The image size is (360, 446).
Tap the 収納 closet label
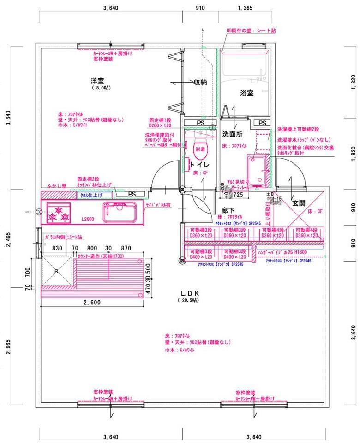coord(200,82)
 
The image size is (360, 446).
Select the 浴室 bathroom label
coord(246,93)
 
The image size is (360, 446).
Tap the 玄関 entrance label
coord(299,202)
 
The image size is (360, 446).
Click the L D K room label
coord(190,293)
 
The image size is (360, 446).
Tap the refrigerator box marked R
coord(56,271)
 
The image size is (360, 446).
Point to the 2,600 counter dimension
coord(92,303)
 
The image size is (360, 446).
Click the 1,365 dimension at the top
coord(245,8)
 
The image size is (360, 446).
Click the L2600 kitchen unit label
coord(88,220)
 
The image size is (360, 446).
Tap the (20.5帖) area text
coord(188,300)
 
